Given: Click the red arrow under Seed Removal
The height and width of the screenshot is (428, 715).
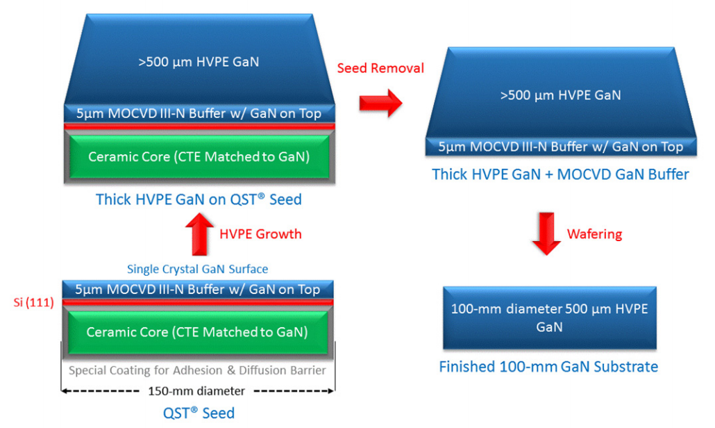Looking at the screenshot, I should pyautogui.click(x=380, y=104).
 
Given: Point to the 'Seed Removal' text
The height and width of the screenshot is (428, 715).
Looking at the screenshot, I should pyautogui.click(x=380, y=68).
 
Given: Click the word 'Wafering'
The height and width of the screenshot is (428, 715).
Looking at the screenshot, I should pyautogui.click(x=595, y=234).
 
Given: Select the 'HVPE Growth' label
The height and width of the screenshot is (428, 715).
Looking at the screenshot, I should pyautogui.click(x=260, y=234).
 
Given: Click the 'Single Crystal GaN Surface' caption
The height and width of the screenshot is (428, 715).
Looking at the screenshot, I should pyautogui.click(x=198, y=269).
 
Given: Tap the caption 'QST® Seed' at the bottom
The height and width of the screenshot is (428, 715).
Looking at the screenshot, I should pyautogui.click(x=198, y=413).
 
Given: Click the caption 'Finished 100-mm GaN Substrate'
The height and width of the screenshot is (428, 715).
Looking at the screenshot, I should pyautogui.click(x=548, y=366).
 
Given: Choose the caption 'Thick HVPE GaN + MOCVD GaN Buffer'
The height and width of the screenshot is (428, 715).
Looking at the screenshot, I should pyautogui.click(x=560, y=174).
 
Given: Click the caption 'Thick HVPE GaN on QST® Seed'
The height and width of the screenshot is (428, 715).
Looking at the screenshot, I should pyautogui.click(x=199, y=199).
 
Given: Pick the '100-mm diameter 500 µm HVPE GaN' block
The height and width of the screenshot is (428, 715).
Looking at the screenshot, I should pyautogui.click(x=549, y=318).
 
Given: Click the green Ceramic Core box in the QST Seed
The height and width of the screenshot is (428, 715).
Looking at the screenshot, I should pyautogui.click(x=197, y=332).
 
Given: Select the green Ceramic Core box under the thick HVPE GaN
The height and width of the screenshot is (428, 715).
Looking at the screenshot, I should pyautogui.click(x=199, y=157).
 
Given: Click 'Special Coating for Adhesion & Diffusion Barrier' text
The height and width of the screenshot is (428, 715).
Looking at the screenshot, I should pyautogui.click(x=197, y=370).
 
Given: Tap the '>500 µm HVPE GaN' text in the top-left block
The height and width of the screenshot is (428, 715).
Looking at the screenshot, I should pyautogui.click(x=199, y=62).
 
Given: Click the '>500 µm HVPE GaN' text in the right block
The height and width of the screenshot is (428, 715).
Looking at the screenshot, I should pyautogui.click(x=560, y=95).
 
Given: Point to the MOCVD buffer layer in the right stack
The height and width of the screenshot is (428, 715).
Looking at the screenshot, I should pyautogui.click(x=560, y=147).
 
